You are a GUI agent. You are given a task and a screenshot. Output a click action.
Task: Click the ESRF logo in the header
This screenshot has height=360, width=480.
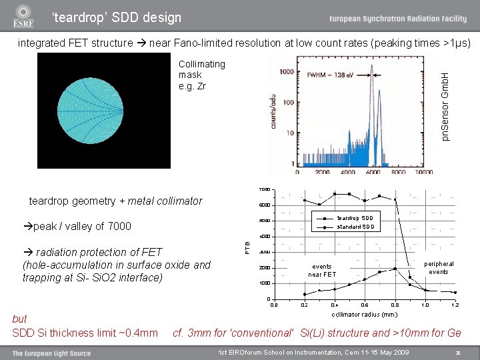[x=23, y=16]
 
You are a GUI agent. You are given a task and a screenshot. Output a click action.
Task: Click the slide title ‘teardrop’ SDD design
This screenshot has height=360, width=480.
[x=117, y=17]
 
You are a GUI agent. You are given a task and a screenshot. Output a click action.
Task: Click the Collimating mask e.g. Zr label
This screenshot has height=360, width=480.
[x=202, y=75]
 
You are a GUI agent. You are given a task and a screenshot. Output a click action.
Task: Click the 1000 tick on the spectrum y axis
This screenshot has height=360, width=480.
[x=287, y=71]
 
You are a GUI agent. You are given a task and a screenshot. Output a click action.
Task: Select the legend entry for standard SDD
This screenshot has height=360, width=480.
[x=355, y=227]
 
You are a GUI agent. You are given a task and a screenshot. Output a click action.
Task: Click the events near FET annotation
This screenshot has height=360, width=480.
[x=323, y=270]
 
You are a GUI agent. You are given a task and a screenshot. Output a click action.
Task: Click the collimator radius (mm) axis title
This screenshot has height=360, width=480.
[x=364, y=314]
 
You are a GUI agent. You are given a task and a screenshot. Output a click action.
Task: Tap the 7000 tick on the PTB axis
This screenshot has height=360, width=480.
[x=265, y=189]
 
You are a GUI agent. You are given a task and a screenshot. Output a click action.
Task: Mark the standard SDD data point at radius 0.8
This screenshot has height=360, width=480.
[x=395, y=269]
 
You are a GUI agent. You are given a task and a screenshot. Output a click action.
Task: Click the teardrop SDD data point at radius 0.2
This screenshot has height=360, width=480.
[x=305, y=200]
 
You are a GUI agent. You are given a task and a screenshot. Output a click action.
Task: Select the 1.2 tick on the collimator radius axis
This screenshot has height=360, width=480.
[x=455, y=305]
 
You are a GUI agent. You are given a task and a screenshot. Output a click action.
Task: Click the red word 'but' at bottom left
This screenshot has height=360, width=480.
[x=20, y=319]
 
